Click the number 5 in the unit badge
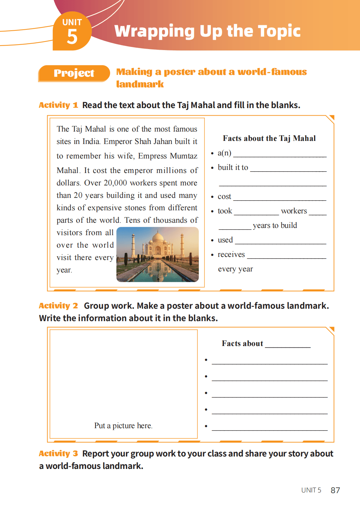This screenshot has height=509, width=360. click(x=72, y=37)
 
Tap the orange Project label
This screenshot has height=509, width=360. click(x=74, y=73)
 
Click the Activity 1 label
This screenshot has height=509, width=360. click(x=58, y=105)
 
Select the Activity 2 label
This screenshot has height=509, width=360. click(x=58, y=306)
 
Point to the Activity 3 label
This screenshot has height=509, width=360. click(x=58, y=453)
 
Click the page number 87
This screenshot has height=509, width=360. click(x=335, y=490)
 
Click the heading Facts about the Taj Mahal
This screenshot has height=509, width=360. click(x=269, y=138)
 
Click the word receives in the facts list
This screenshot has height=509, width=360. click(x=231, y=254)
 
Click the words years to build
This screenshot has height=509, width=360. click(x=275, y=225)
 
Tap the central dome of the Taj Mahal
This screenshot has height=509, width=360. click(x=158, y=239)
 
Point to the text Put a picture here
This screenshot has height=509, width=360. click(x=123, y=426)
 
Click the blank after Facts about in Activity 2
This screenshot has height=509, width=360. click(x=288, y=346)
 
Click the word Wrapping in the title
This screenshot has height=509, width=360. click(x=154, y=31)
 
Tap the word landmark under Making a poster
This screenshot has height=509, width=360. click(x=140, y=84)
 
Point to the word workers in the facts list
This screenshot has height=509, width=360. click(x=294, y=211)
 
